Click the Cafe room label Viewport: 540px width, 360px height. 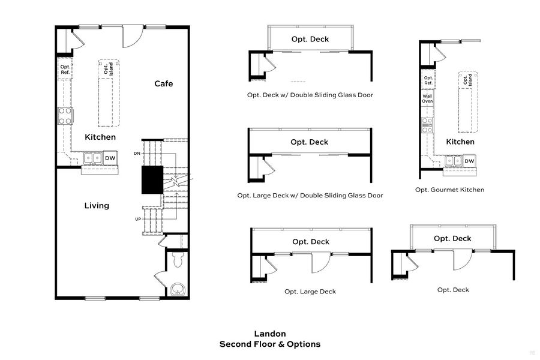[163, 83]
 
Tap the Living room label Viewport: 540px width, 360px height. [97, 206]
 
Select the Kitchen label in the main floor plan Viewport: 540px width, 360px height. [100, 137]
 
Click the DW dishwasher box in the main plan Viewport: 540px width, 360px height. [110, 158]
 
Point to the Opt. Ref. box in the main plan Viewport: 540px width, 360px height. [65, 69]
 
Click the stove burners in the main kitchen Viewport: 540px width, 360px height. [65, 116]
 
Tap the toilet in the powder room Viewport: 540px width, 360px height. [177, 260]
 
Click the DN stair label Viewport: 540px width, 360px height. [137, 154]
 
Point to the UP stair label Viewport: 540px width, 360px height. [137, 219]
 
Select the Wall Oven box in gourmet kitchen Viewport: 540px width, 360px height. [427, 99]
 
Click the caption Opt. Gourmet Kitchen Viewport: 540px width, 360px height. [449, 190]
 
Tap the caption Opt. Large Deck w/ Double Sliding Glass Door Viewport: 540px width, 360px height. [310, 195]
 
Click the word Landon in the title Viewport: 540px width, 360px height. [270, 334]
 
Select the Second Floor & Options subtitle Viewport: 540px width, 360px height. [270, 344]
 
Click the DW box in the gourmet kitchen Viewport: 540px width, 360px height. [469, 161]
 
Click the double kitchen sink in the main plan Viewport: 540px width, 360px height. [92, 158]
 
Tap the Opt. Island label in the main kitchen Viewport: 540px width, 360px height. [108, 69]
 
